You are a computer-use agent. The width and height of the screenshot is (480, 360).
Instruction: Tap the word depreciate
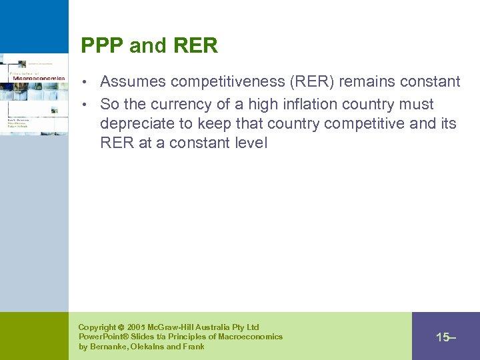(x=137, y=123)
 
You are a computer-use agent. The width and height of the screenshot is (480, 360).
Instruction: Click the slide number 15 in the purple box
(x=443, y=337)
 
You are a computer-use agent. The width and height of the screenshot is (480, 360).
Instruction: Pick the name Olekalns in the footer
(x=150, y=347)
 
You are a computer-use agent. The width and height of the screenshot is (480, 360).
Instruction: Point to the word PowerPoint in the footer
(x=101, y=337)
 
